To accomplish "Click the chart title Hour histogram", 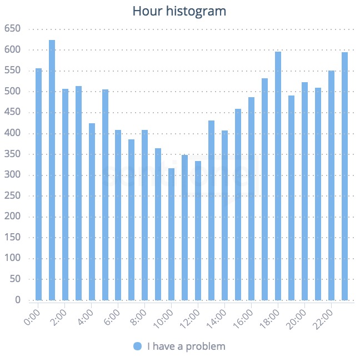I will click(x=179, y=11).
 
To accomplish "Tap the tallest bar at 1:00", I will click(x=52, y=170).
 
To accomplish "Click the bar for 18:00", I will click(x=278, y=176).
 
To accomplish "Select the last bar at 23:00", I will click(x=344, y=177).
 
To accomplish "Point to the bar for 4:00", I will click(x=92, y=212).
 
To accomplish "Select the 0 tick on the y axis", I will click(x=17, y=300).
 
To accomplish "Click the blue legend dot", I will click(x=138, y=346).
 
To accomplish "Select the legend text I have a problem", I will click(x=186, y=346).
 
